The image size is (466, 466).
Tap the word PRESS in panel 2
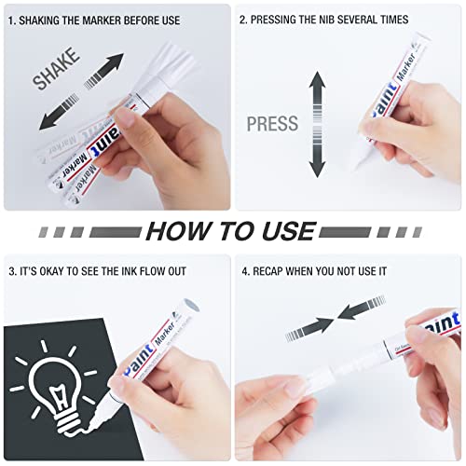tap(272, 124)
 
